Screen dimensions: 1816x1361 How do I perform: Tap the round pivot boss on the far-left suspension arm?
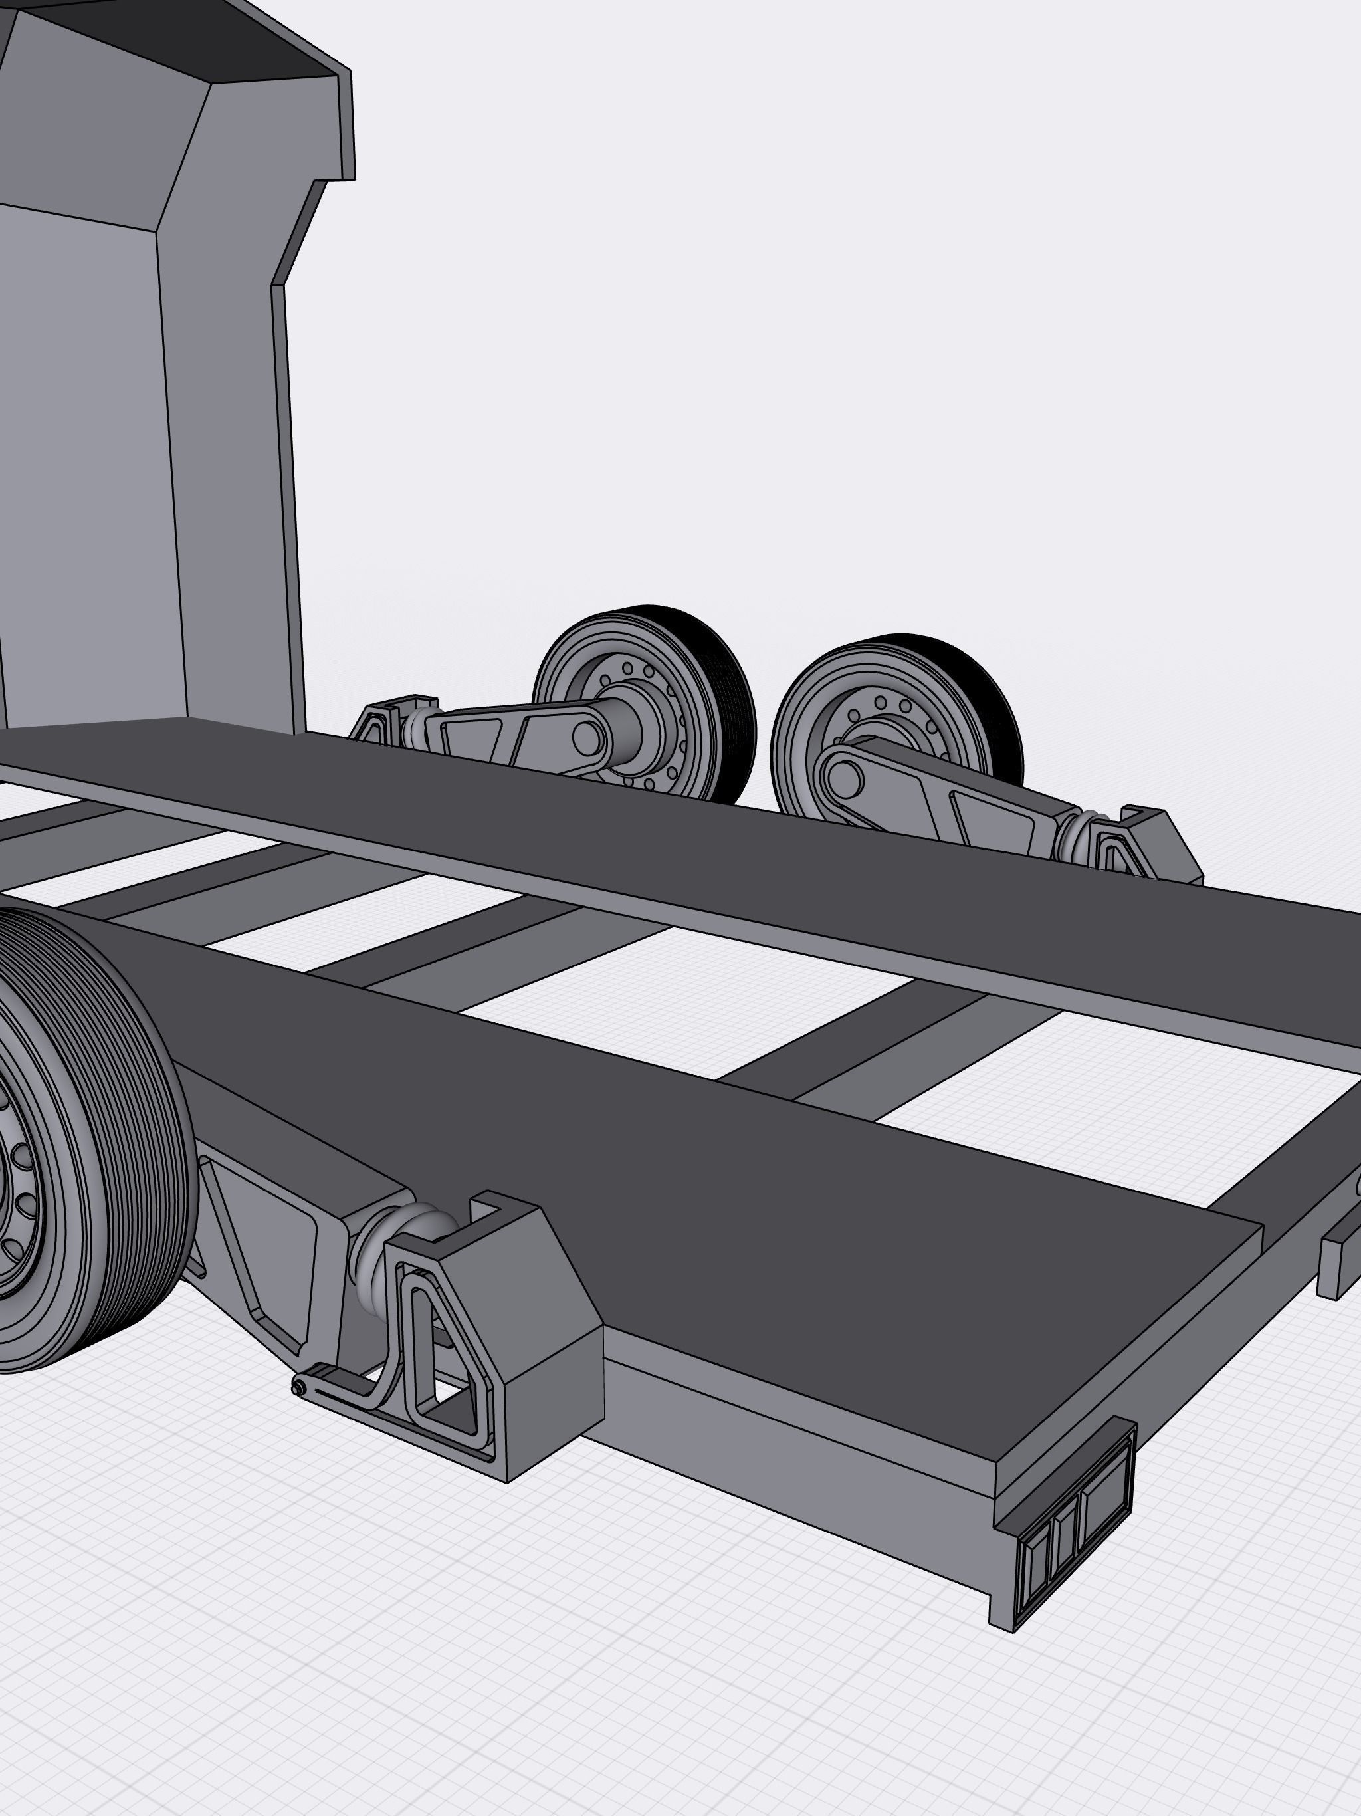pos(587,737)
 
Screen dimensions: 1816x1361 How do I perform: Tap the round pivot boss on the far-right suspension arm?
pos(845,776)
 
